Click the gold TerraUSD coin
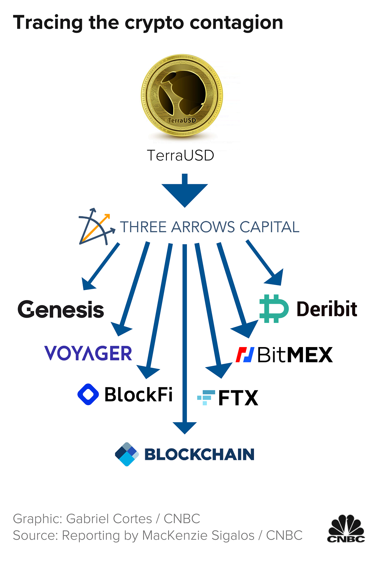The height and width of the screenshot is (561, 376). coord(182,96)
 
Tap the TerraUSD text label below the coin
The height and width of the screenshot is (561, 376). coord(180,155)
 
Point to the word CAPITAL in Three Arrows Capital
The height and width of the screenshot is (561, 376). coord(269,227)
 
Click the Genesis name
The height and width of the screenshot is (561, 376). coord(61,309)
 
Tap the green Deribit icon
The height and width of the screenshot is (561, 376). coord(273,308)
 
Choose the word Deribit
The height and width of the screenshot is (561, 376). coord(327,309)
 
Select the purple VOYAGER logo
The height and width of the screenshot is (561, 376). coord(88,353)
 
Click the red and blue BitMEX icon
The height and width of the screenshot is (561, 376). coord(245,355)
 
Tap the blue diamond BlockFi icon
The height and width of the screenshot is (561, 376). coord(88,394)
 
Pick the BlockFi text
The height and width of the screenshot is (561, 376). coord(138,395)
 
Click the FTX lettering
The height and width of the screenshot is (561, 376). coord(238,398)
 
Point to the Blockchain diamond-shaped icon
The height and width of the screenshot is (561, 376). coord(127,454)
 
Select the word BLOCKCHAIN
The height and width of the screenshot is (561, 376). coord(199,454)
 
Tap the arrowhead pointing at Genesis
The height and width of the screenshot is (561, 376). coord(88,284)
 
